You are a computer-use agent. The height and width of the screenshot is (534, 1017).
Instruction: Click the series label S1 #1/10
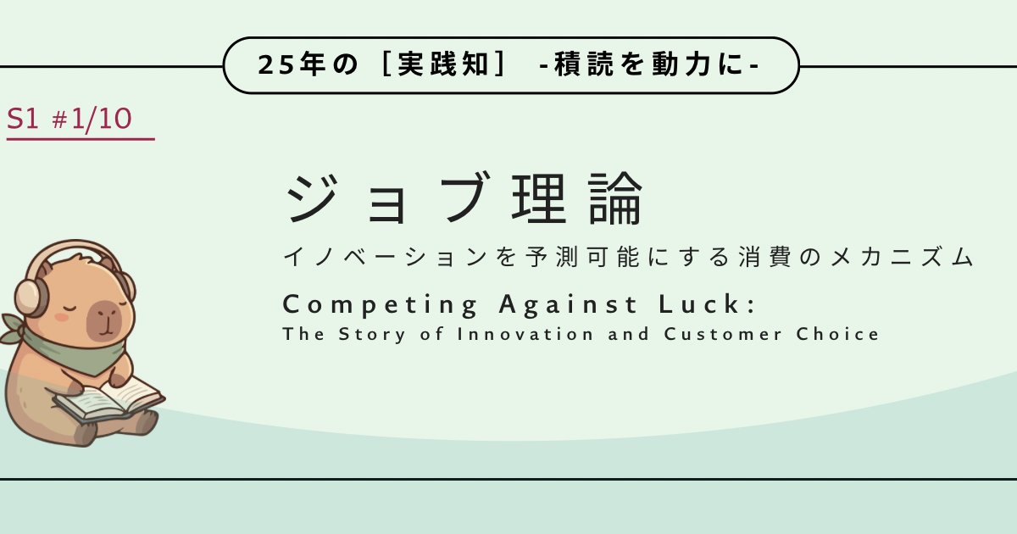click(69, 119)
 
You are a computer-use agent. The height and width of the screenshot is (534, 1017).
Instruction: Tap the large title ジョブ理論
click(463, 198)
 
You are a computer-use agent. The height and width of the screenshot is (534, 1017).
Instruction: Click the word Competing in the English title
click(380, 304)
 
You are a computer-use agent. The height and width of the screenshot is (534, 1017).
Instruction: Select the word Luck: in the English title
click(708, 303)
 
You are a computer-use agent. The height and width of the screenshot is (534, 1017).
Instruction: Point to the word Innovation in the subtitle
click(525, 334)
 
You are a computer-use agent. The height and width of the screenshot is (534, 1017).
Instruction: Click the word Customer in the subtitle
click(723, 334)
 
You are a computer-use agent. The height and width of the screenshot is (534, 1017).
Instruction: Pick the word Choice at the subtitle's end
click(837, 334)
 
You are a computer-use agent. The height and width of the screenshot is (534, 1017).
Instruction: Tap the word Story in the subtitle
click(372, 335)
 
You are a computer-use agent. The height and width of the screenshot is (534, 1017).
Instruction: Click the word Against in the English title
click(569, 304)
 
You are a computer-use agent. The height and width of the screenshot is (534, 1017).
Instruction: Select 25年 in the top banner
click(291, 64)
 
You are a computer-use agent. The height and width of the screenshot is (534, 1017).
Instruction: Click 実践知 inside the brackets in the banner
click(443, 64)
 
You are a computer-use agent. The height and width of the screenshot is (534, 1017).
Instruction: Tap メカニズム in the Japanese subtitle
click(902, 257)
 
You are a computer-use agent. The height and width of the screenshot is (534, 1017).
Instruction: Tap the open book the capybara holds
click(108, 399)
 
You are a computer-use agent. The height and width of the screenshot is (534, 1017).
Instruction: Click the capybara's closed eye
click(71, 309)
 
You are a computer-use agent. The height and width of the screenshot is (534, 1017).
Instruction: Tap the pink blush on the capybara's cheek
click(62, 317)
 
